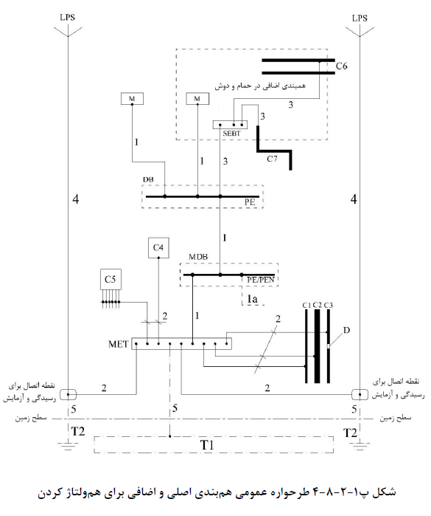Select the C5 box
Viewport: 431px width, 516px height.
[x=111, y=280]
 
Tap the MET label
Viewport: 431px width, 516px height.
[x=119, y=344]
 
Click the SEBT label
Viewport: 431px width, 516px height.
[x=231, y=134]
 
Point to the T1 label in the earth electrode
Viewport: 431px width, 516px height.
[x=207, y=445]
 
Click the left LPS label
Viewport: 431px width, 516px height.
[x=67, y=17]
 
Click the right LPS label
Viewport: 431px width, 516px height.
[x=360, y=18]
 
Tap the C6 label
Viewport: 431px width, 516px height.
[x=341, y=66]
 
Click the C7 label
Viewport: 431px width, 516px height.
[x=272, y=159]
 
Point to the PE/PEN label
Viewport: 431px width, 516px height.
[x=261, y=280]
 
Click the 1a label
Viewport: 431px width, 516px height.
[x=252, y=298]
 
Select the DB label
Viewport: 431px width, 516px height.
[x=148, y=179]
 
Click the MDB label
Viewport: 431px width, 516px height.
[x=198, y=257]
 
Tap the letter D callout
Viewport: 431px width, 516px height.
[x=346, y=330]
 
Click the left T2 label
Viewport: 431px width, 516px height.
[x=78, y=431]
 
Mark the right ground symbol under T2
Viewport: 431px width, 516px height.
[x=360, y=446]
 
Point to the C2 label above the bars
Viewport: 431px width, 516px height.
[x=317, y=305]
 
